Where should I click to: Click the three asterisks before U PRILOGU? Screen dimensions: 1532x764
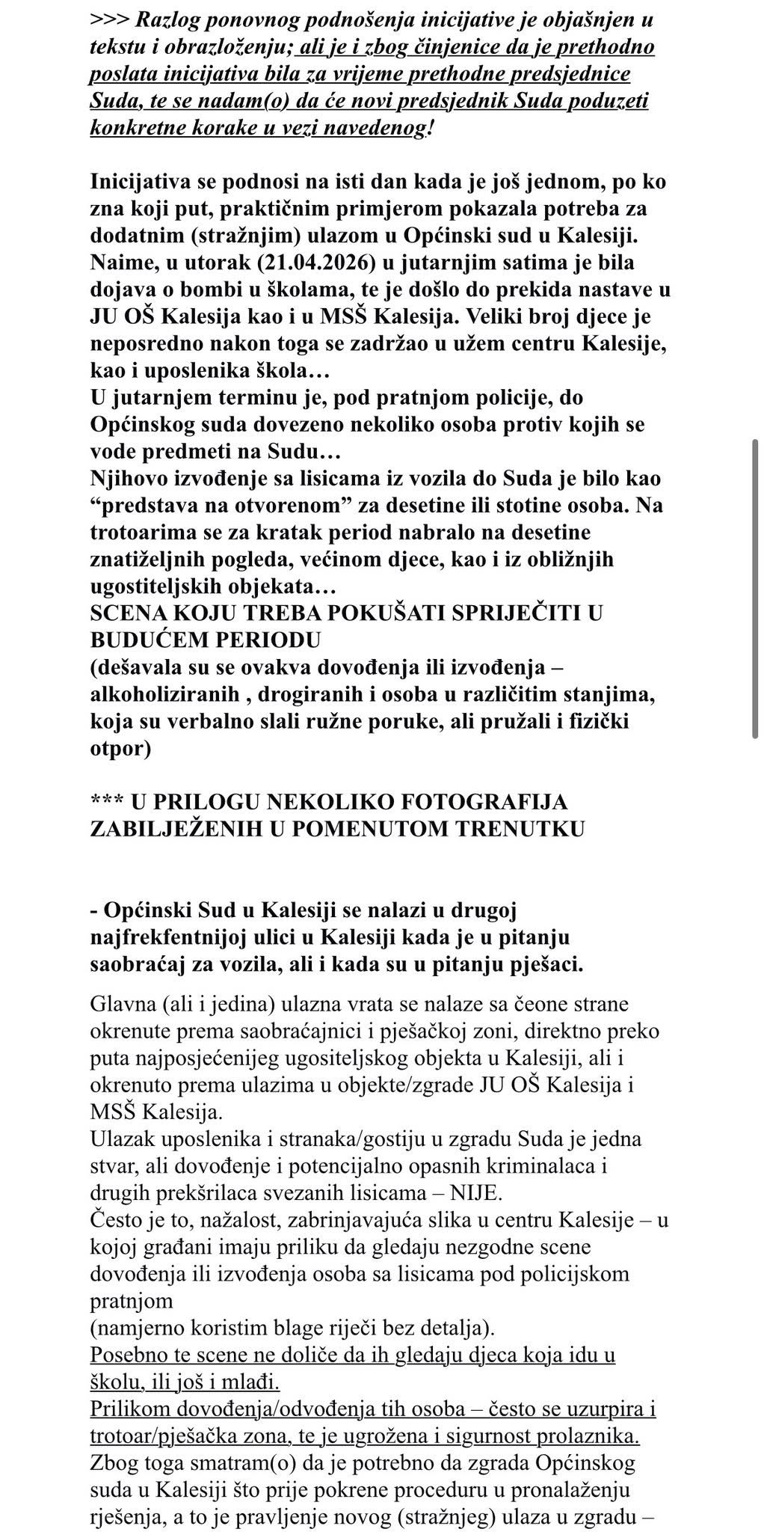tap(106, 801)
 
